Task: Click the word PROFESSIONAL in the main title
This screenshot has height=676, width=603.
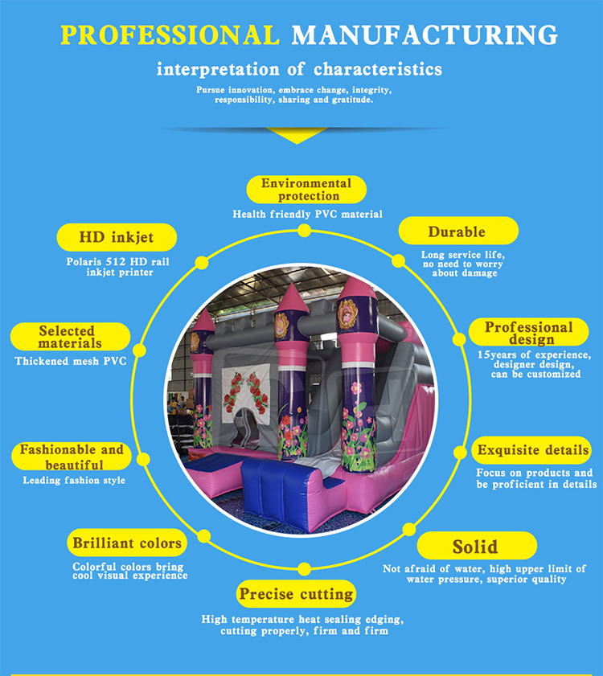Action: [x=170, y=35]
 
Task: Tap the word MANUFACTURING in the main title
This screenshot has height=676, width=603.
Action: [x=425, y=35]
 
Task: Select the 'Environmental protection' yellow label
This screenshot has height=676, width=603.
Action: [x=306, y=190]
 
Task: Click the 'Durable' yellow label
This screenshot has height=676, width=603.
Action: [x=457, y=232]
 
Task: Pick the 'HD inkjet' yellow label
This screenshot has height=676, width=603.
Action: [x=116, y=237]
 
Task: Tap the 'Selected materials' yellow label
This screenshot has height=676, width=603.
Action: [x=70, y=337]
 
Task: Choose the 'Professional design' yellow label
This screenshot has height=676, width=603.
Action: [x=528, y=333]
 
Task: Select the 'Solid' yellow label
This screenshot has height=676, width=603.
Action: [x=475, y=547]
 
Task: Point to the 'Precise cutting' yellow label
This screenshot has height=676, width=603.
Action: [x=296, y=595]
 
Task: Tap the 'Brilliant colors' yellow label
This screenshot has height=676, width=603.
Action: [x=127, y=543]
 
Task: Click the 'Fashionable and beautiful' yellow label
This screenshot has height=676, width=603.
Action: [x=73, y=457]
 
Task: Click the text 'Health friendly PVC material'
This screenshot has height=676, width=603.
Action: [x=308, y=215]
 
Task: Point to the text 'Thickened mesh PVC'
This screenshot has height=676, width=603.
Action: [x=71, y=362]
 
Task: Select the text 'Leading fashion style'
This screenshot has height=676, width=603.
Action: [x=74, y=481]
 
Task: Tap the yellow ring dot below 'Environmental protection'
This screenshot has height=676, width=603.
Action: [x=304, y=231]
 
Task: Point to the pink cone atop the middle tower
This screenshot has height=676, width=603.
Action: [x=293, y=299]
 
